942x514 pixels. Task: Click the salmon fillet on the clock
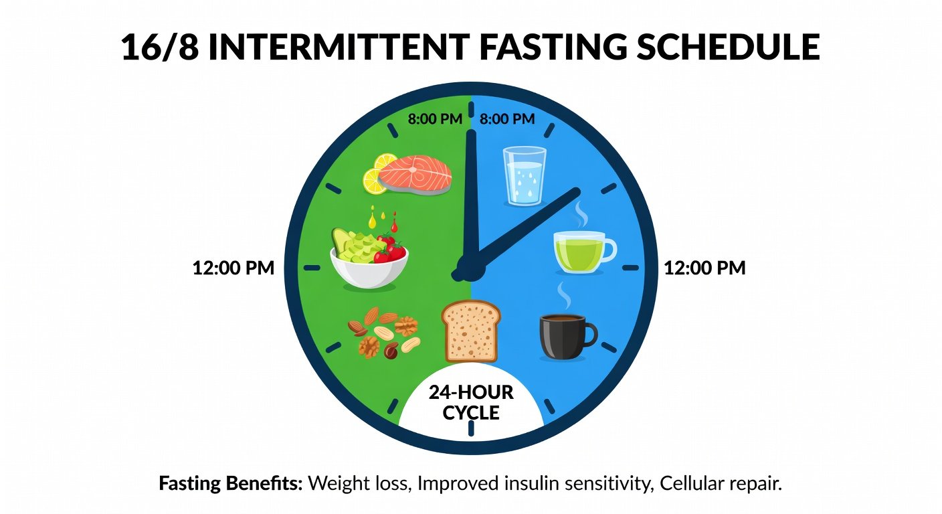point(415,175)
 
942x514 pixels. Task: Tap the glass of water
point(525,176)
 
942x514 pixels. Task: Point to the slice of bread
point(471,331)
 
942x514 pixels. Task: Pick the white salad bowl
point(369,268)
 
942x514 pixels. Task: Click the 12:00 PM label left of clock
point(233,268)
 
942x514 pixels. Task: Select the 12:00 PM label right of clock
point(704,268)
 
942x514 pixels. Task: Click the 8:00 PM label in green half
point(435,119)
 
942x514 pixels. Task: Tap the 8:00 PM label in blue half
point(507,119)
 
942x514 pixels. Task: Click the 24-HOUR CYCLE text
point(471,402)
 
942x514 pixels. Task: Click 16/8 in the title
point(160,46)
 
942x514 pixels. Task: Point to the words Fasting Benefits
point(230,484)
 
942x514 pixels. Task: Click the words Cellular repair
point(721,484)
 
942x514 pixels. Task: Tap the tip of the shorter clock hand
point(578,191)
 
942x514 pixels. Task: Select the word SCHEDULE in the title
point(728,46)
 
